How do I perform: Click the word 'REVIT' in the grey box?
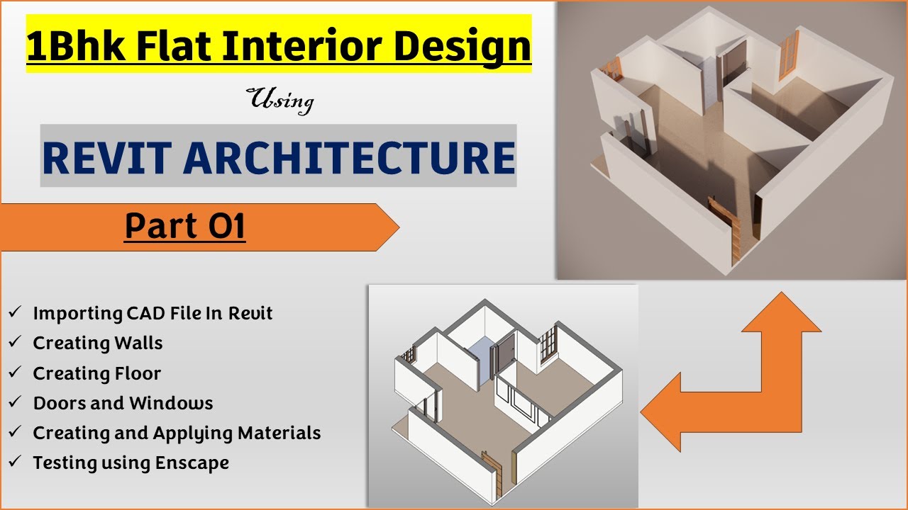[106, 158]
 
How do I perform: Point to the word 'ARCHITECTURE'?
[350, 158]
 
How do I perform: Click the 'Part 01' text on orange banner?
[184, 227]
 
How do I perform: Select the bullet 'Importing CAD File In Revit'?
[153, 313]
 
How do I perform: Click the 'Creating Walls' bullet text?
[98, 344]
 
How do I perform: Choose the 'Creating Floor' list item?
[97, 373]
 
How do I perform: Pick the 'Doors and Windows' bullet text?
[123, 403]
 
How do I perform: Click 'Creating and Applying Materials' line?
[177, 433]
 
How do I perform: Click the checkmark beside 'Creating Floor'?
[15, 373]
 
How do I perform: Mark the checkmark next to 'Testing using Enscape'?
[15, 463]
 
